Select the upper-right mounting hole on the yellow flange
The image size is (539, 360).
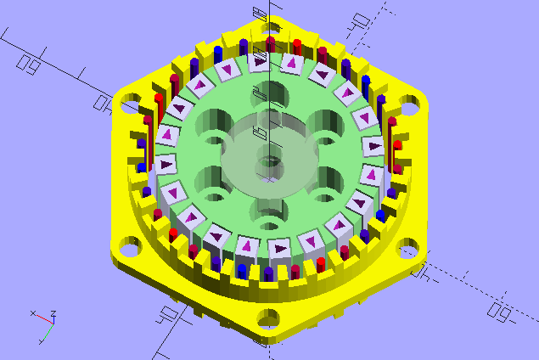pos(409,108)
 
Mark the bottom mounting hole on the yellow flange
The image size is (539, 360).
pos(270,319)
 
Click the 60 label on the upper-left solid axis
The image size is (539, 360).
pos(31,62)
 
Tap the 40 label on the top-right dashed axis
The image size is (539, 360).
pos(362,23)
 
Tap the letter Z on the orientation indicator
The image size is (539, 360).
pos(53,317)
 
